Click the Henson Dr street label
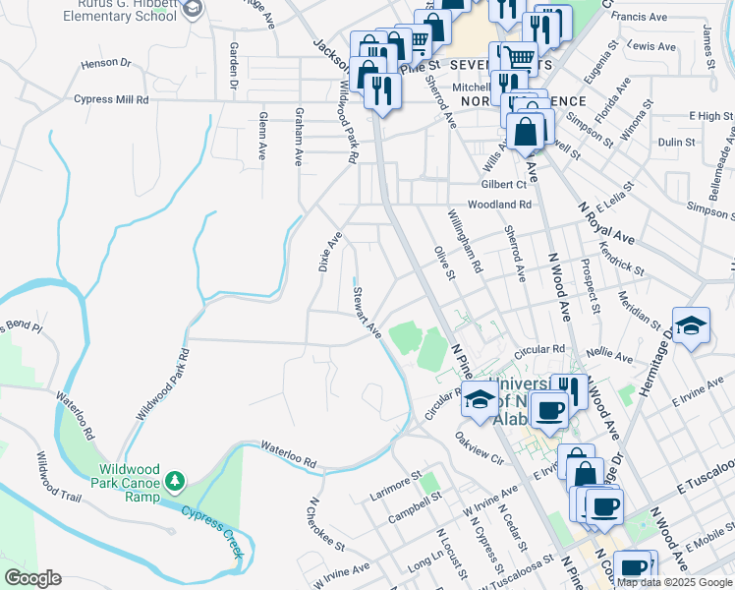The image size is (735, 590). click(106, 63)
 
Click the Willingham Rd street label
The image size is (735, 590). click(465, 243)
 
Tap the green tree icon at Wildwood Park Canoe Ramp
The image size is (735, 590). click(175, 481)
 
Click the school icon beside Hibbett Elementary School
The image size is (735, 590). click(192, 9)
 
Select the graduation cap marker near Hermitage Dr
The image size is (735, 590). click(691, 325)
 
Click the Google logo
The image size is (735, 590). click(32, 578)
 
